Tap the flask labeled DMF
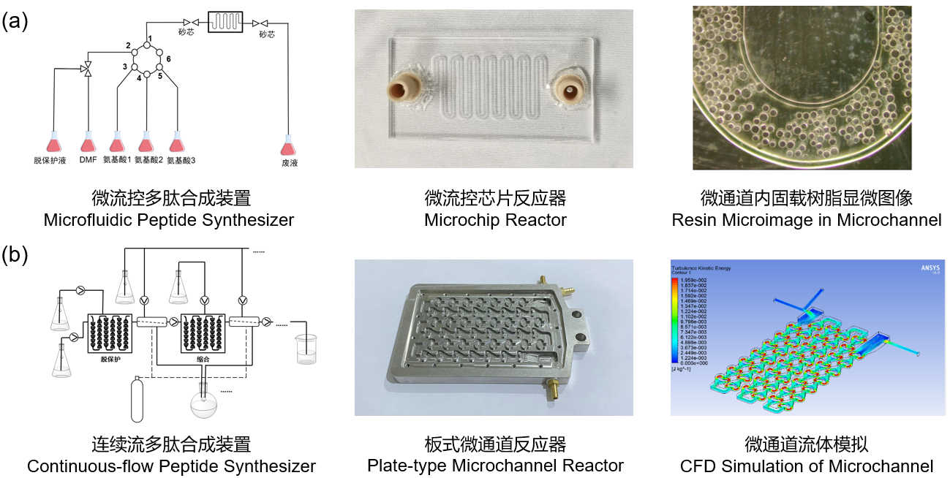click(x=88, y=142)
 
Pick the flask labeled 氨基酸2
click(x=146, y=142)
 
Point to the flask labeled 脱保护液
click(x=54, y=142)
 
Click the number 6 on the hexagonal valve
click(x=168, y=58)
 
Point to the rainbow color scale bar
click(x=676, y=321)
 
